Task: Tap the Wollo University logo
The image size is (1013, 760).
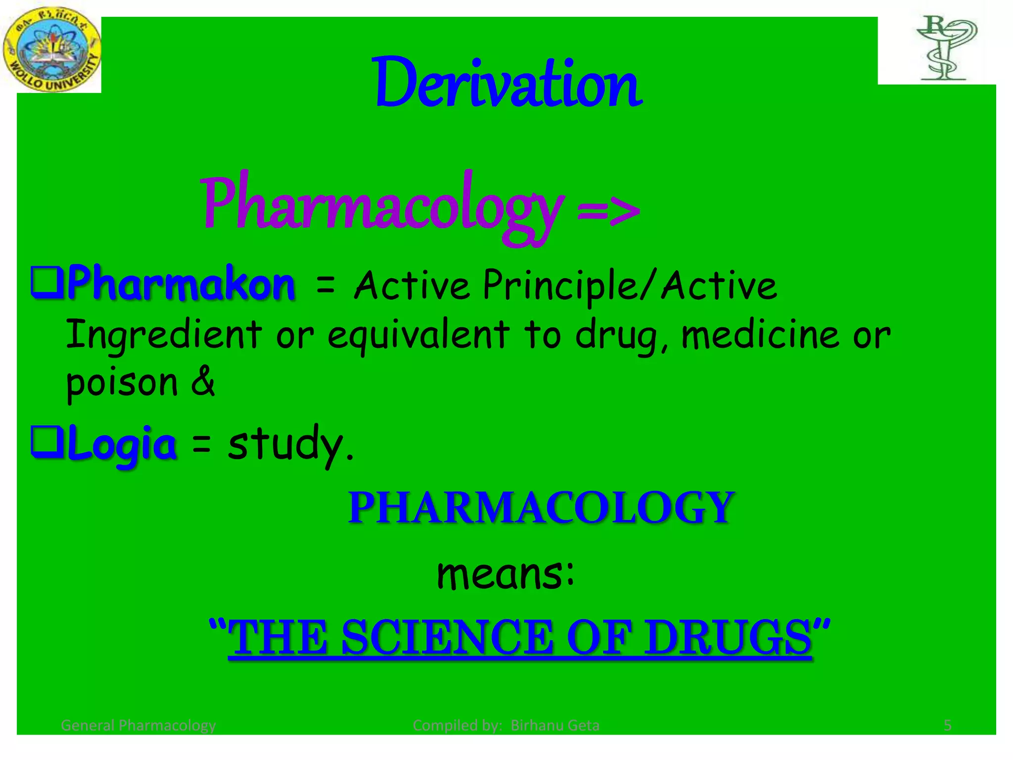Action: (52, 49)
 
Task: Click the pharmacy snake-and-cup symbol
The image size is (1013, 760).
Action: (946, 48)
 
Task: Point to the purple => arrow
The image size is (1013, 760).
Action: (608, 211)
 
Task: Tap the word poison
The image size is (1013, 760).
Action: (122, 382)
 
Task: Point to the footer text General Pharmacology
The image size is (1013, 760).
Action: (138, 725)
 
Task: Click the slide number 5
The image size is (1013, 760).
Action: (947, 725)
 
